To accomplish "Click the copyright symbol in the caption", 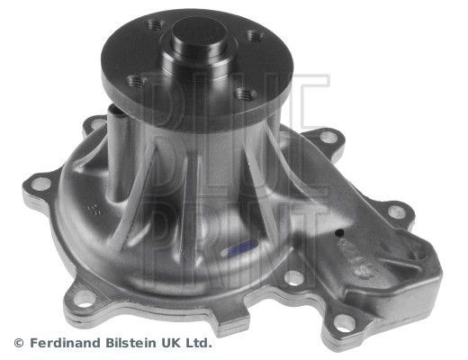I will coord(19,343).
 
